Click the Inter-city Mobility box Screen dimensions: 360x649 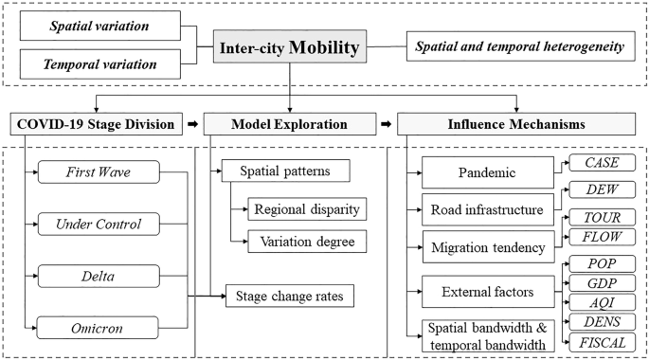(293, 46)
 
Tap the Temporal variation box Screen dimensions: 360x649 (100, 65)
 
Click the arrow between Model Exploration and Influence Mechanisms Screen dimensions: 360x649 (385, 124)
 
